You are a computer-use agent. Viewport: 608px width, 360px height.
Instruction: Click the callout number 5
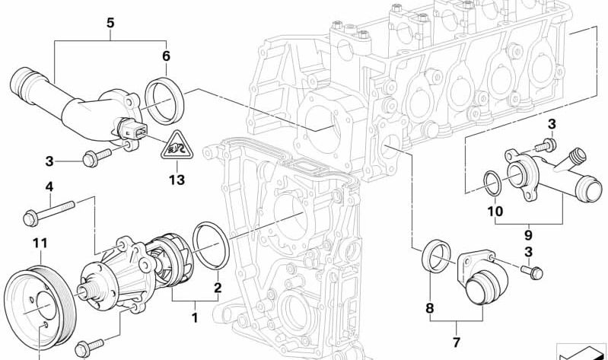point(110,22)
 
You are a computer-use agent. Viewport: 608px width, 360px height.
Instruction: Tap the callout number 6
point(166,55)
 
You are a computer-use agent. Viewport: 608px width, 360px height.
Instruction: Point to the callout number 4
point(49,186)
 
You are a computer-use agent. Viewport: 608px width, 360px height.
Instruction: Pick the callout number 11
point(39,244)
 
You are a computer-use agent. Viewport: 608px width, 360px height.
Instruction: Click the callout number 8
point(428,309)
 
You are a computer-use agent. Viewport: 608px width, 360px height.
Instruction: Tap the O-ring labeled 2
point(209,245)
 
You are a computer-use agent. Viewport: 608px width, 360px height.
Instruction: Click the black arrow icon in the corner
point(581,352)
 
